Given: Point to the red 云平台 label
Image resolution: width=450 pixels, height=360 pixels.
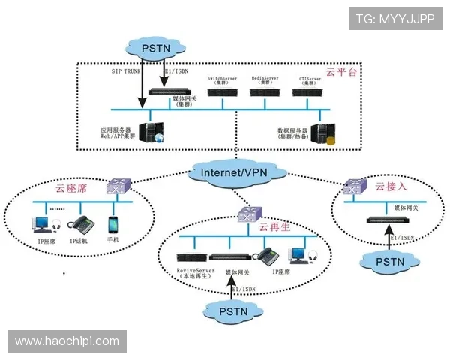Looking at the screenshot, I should click(x=341, y=72).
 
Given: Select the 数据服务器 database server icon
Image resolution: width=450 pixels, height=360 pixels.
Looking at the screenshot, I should click(x=322, y=134).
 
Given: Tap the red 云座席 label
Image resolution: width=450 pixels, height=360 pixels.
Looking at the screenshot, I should click(x=71, y=189).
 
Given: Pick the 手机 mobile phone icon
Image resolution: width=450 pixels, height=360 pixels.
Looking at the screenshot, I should click(x=113, y=225).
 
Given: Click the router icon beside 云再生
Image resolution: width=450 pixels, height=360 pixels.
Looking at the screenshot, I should click(x=247, y=216).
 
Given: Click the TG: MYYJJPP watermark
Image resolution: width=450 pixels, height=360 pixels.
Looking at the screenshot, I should click(x=394, y=18).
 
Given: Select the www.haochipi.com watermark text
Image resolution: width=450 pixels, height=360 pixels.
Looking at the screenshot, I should click(x=68, y=341).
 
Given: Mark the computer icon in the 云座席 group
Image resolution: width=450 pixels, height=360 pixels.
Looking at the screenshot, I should click(x=40, y=223).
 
